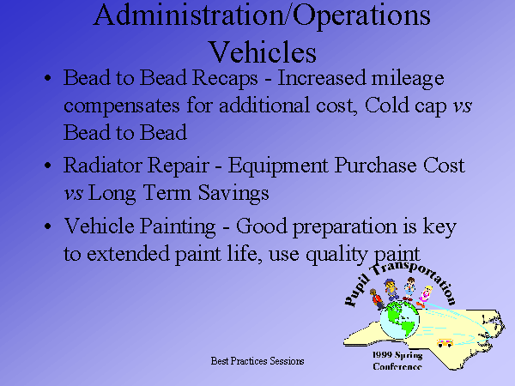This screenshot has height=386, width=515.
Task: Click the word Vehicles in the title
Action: coord(263,52)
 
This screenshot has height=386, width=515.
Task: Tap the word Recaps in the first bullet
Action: coord(225,79)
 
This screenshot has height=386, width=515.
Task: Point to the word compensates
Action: coord(122,106)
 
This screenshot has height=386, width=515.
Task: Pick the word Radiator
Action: coord(103,165)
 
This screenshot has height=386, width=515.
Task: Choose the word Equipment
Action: coord(278,166)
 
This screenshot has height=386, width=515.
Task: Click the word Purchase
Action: coord(375,165)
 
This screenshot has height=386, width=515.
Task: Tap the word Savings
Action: coord(233,194)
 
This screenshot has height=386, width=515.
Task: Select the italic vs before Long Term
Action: coord(73,193)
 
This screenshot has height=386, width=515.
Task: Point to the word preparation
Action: coord(344,227)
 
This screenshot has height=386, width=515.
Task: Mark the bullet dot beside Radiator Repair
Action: coord(48,165)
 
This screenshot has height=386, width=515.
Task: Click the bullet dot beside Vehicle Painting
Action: coord(48,226)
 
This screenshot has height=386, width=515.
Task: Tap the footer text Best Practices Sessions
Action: coord(257,361)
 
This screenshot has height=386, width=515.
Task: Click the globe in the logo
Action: coord(400,320)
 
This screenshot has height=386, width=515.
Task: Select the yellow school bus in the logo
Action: coord(445,342)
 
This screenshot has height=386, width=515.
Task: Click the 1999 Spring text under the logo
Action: coord(397,355)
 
